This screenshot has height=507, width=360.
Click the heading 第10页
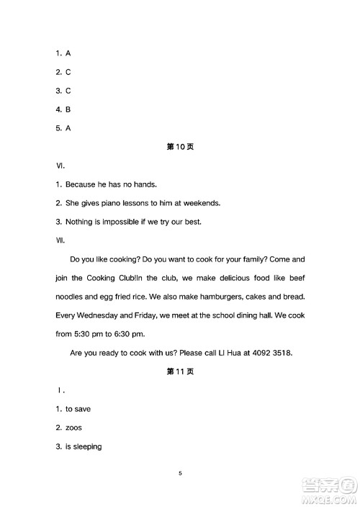180,146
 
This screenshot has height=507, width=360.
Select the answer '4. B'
63,109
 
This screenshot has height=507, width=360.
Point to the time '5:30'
84,333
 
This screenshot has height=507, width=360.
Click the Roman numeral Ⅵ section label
60,165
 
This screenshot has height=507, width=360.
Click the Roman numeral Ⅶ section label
60,240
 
